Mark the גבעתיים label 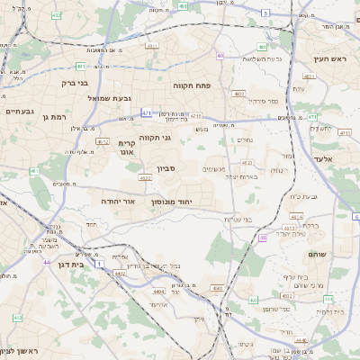coord(19,111)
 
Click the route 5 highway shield coord(265,13)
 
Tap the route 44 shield coord(46,263)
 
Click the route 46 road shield coord(262,238)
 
